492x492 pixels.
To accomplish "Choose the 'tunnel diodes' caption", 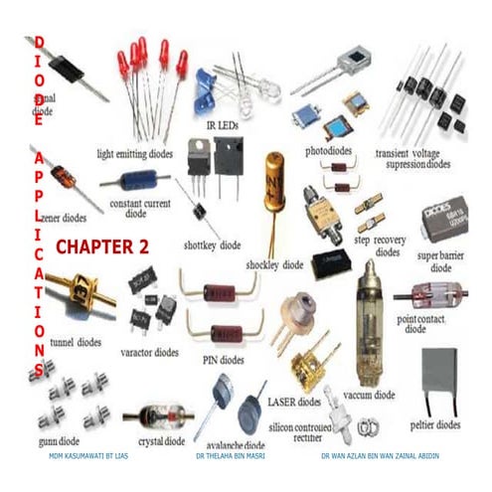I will pos(75,342).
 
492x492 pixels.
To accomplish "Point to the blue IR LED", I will pos(206,83).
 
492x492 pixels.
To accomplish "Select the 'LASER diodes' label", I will pos(294,402).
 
